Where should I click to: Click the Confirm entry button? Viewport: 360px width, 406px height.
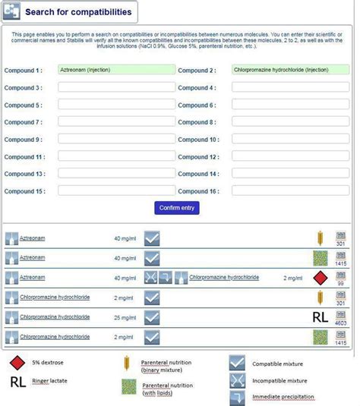177,208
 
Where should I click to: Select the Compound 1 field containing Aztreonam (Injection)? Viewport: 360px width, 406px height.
116,70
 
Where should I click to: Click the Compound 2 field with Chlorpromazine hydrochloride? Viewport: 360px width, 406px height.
290,70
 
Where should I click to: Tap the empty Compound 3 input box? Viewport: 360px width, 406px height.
116,87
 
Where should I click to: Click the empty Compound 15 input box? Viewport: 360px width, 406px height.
116,191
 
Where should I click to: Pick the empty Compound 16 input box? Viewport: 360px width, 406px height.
290,191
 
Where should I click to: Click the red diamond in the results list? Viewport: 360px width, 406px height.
321,278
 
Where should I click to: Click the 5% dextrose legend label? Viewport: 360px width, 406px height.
47,363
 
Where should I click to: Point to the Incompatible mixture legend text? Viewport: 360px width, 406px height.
279,380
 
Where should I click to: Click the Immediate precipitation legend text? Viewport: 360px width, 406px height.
283,397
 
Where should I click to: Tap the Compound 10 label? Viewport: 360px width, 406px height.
199,140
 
